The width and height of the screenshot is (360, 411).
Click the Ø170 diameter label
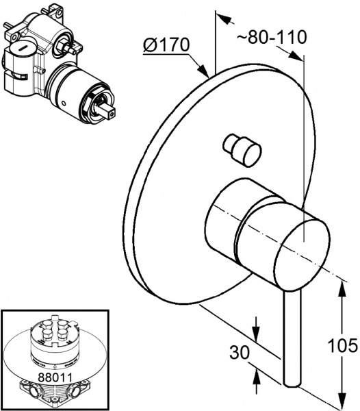(x=166, y=45)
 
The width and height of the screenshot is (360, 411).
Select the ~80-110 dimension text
(x=272, y=37)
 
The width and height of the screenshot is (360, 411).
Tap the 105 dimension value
(x=342, y=345)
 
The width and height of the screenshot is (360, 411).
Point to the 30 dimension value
(x=240, y=352)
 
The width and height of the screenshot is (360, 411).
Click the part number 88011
(x=55, y=377)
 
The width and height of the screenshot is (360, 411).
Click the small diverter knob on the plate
(x=242, y=149)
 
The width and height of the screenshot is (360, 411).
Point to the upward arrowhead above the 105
(x=342, y=289)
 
